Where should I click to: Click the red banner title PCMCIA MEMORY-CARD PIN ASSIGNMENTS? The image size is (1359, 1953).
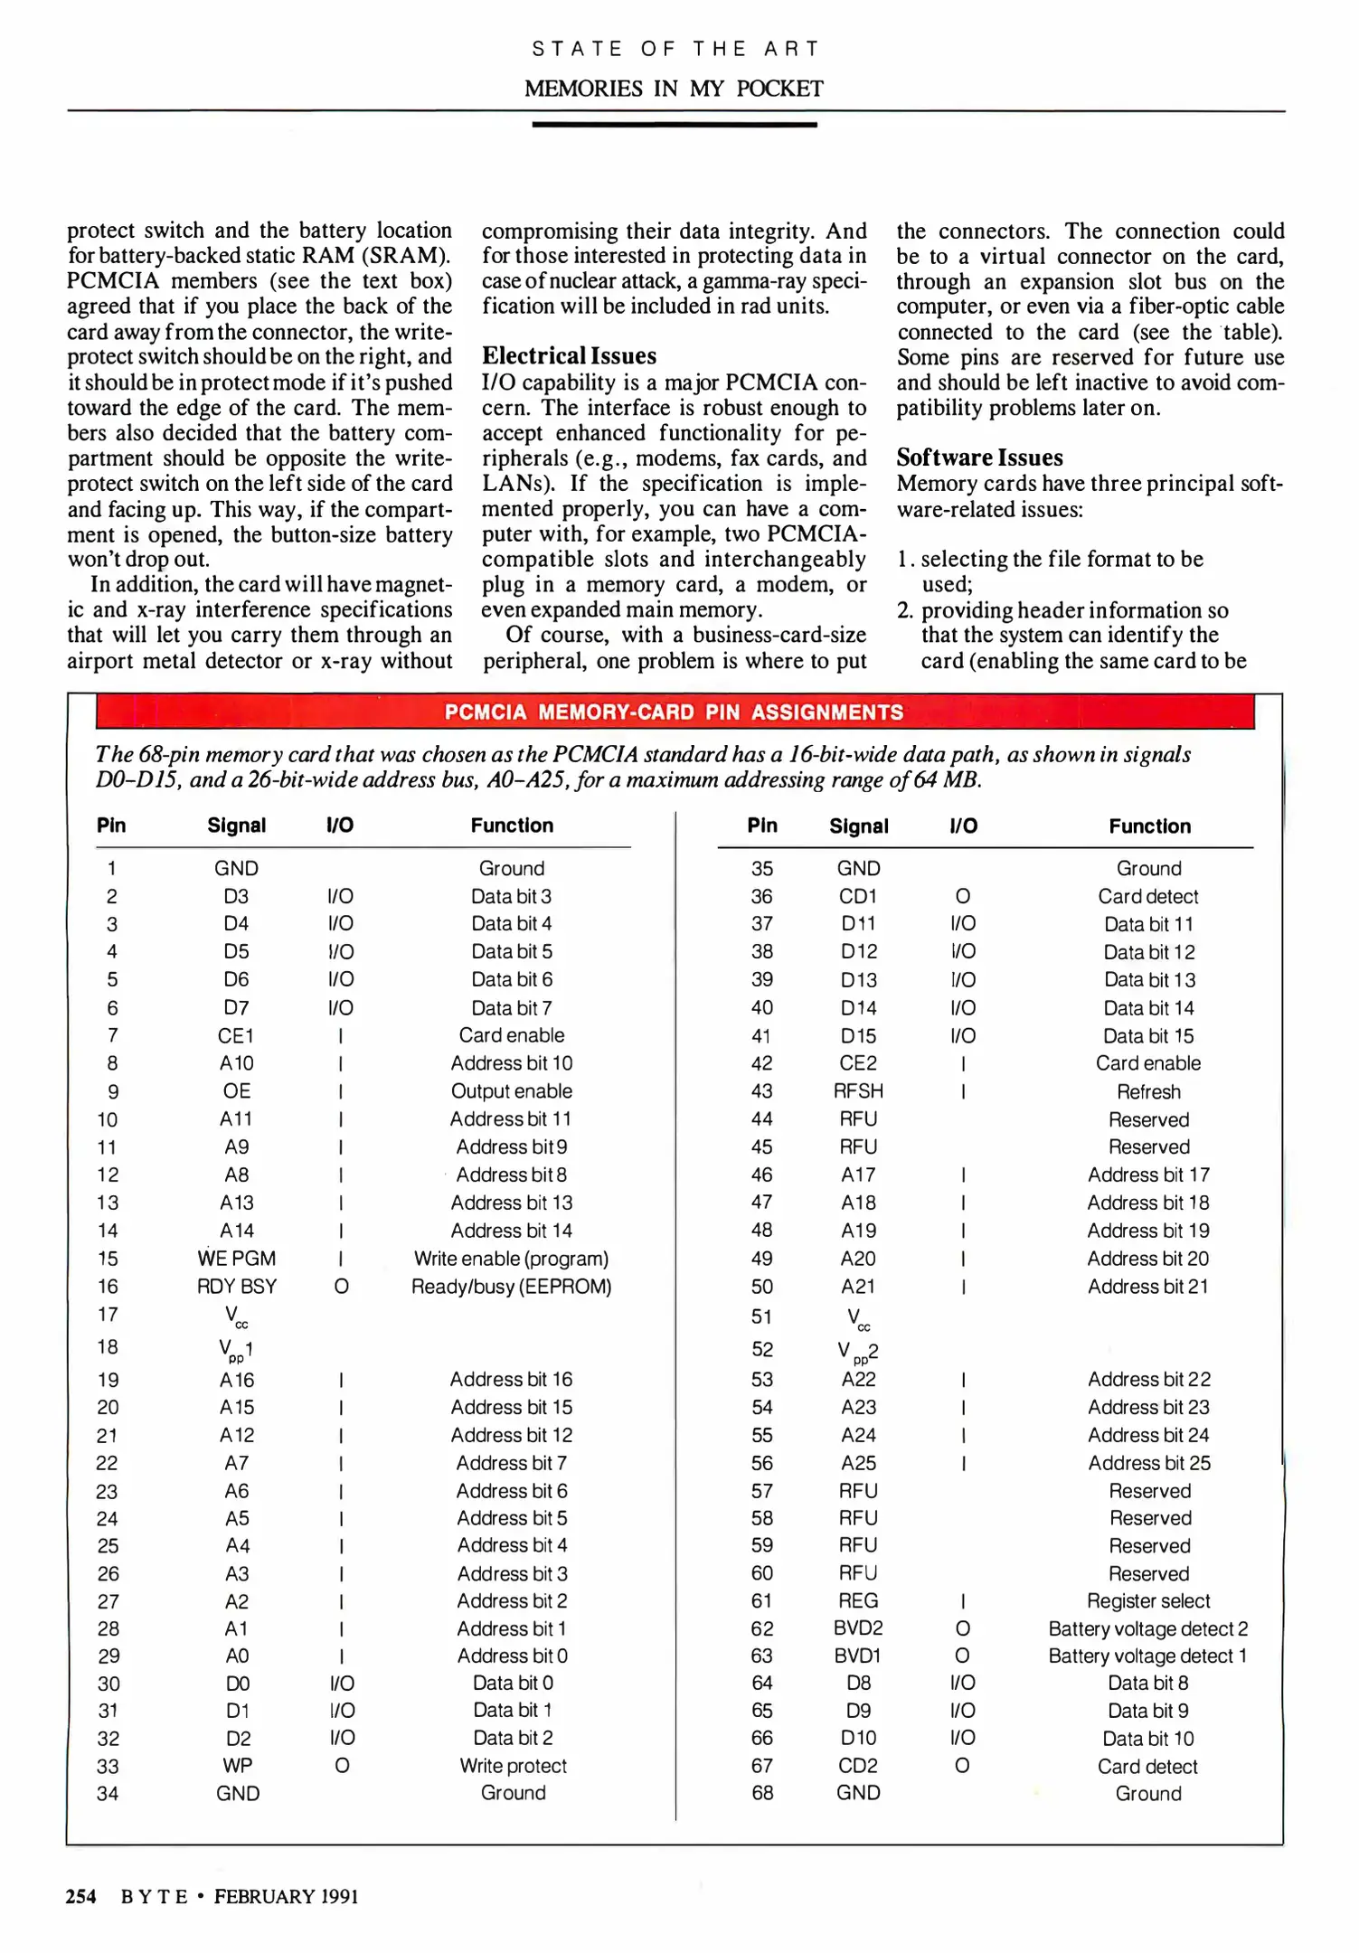point(674,712)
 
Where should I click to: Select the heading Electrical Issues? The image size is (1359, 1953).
point(569,355)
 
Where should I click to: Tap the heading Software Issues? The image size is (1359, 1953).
point(979,458)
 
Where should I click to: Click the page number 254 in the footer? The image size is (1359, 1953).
point(80,1896)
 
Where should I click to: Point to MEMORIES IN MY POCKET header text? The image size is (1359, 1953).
point(674,89)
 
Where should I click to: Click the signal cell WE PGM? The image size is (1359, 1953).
point(237,1259)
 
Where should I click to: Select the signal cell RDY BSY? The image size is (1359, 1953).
point(237,1287)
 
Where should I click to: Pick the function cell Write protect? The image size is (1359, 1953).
point(513,1765)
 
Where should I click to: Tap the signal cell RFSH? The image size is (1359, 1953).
point(858,1091)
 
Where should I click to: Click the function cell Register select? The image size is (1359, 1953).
point(1148,1600)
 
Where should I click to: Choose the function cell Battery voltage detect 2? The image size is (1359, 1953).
point(1148,1628)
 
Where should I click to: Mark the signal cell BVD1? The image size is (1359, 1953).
point(858,1656)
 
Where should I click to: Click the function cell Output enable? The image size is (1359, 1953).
point(512,1091)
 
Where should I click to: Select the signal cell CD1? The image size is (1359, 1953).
point(858,896)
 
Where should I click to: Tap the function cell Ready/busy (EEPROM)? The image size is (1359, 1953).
point(512,1287)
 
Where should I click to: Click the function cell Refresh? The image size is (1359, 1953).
point(1148,1091)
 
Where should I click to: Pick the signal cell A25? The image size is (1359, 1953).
point(858,1463)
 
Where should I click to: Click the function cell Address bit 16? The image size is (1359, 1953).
point(512,1379)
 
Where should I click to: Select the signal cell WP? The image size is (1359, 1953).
point(238,1765)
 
